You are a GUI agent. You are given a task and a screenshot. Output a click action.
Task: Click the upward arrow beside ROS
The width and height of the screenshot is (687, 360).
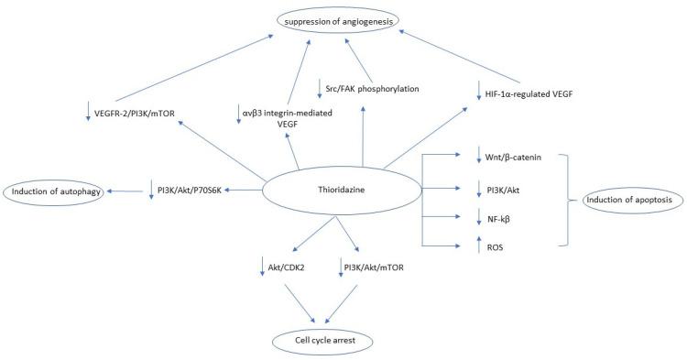[x=479, y=244]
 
